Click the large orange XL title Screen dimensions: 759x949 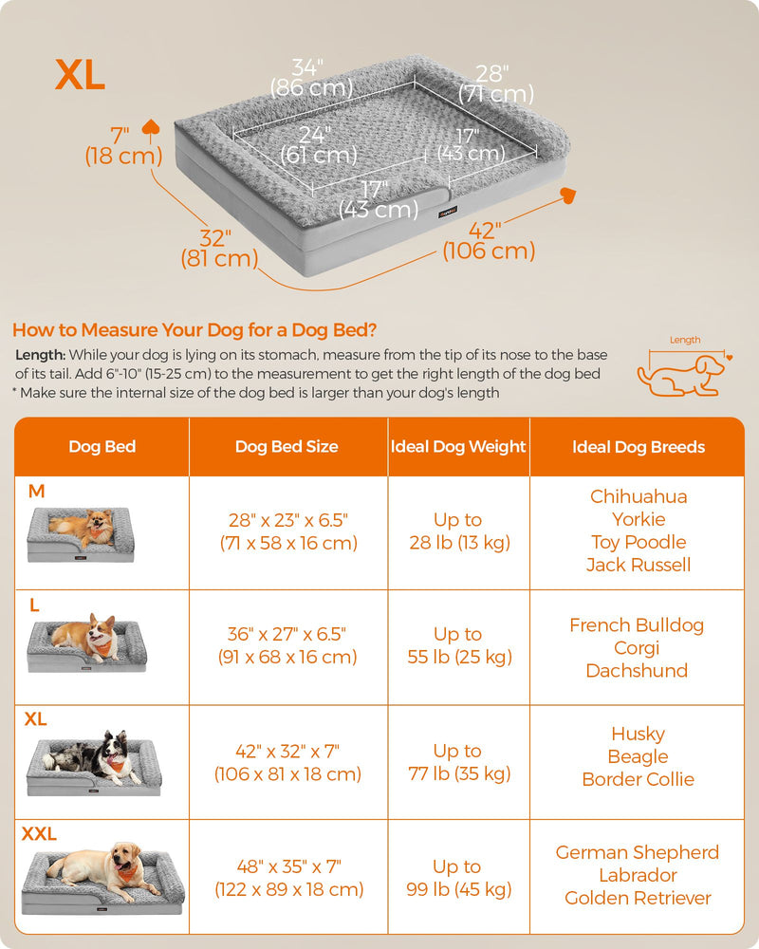point(80,75)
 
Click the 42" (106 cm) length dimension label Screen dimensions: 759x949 point(489,240)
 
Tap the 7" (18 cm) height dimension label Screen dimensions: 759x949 point(123,146)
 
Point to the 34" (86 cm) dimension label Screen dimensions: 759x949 point(311,78)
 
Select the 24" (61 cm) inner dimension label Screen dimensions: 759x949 point(319,145)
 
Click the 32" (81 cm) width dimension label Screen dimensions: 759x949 point(219,248)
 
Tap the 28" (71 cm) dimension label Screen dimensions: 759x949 point(495,84)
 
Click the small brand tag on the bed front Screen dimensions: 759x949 point(448,212)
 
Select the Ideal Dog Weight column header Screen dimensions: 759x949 point(458,447)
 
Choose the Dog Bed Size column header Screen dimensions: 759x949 point(287,447)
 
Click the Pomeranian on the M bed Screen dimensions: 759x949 point(85,526)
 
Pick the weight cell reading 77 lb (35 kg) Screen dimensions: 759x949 point(459,762)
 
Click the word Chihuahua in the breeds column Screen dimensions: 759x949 point(639,496)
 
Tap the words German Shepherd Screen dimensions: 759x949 point(638,852)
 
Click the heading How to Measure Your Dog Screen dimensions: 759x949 point(194,330)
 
